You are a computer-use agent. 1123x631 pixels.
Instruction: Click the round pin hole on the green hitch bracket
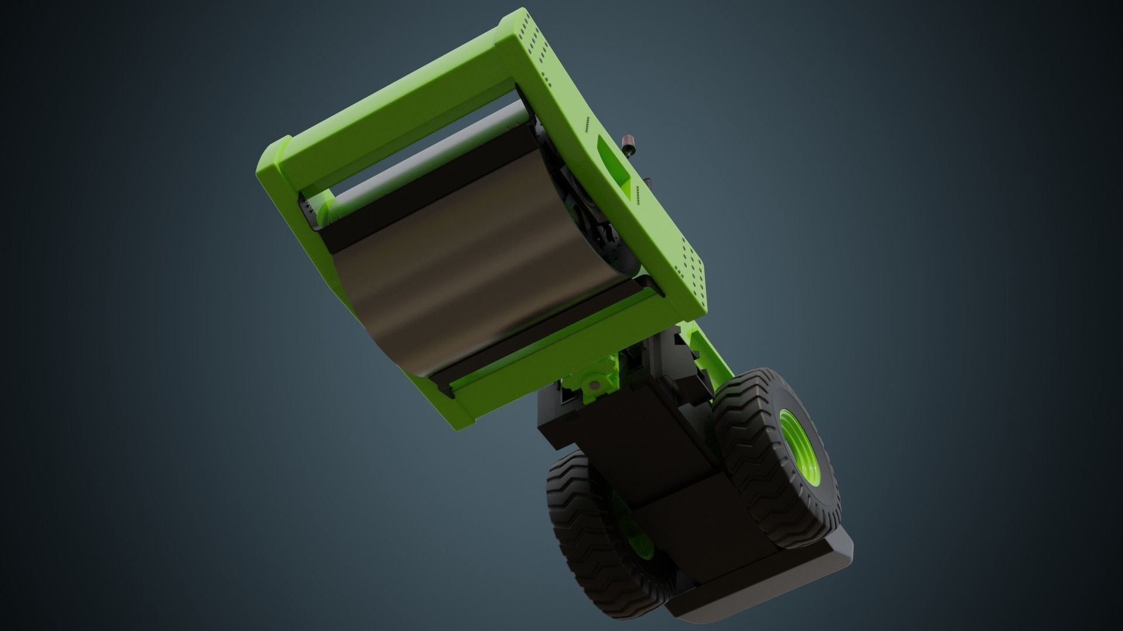[594, 385]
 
